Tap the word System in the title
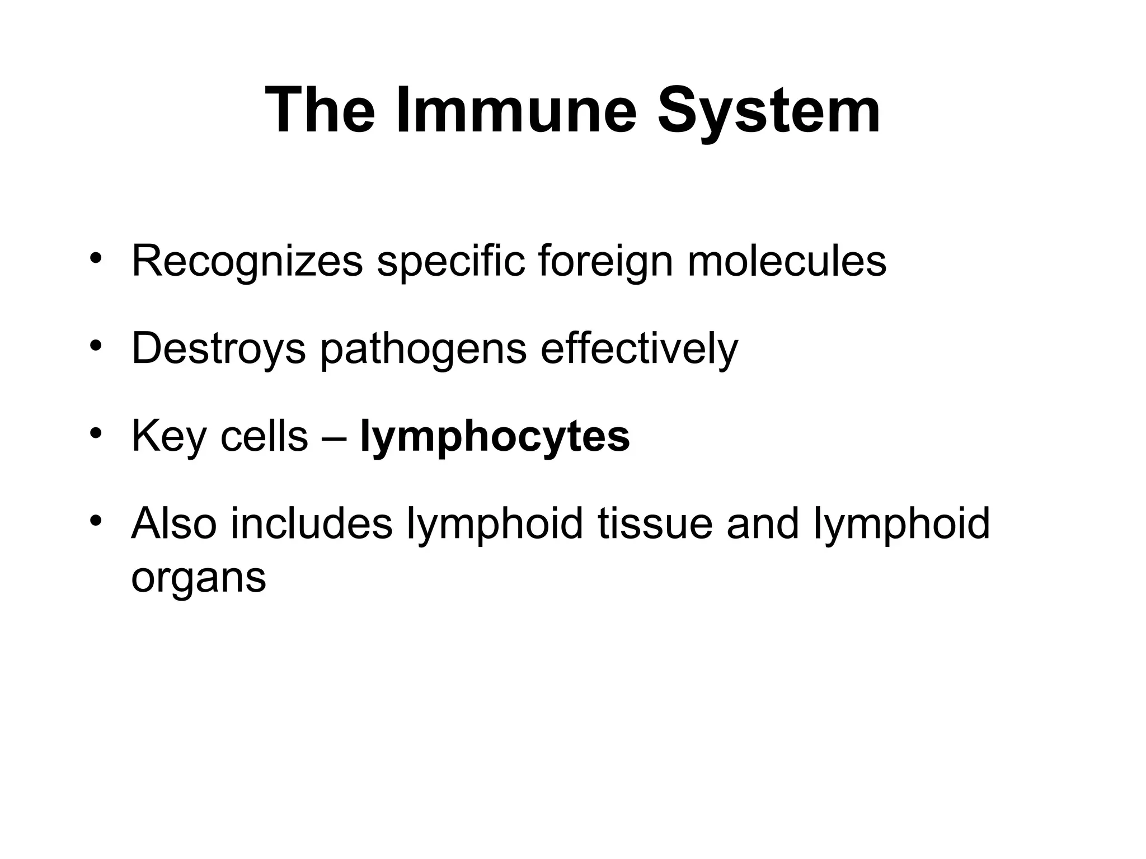(x=768, y=112)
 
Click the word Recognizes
(x=247, y=261)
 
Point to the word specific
(x=450, y=261)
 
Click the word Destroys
(x=218, y=348)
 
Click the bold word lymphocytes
(x=495, y=437)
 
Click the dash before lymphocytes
(x=334, y=437)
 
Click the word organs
(x=198, y=578)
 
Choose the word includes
(x=311, y=523)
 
